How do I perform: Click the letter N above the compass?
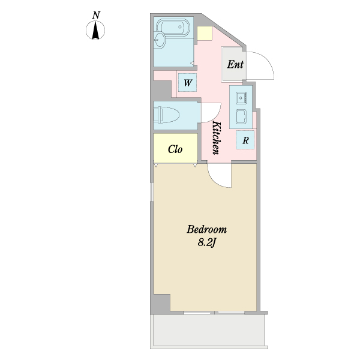[96, 16]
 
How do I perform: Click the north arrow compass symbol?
[95, 30]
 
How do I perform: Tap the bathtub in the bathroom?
[173, 28]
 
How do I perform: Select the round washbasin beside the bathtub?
[159, 40]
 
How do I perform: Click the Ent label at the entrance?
[235, 64]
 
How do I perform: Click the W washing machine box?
[188, 82]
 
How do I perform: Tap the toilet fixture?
[166, 115]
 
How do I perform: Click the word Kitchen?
[217, 138]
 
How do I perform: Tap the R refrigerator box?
[245, 140]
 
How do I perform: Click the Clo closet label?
[175, 149]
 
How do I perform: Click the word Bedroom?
[206, 229]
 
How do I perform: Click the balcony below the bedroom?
[209, 330]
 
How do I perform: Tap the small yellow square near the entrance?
[205, 33]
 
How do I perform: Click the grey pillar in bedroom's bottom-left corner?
[160, 304]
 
